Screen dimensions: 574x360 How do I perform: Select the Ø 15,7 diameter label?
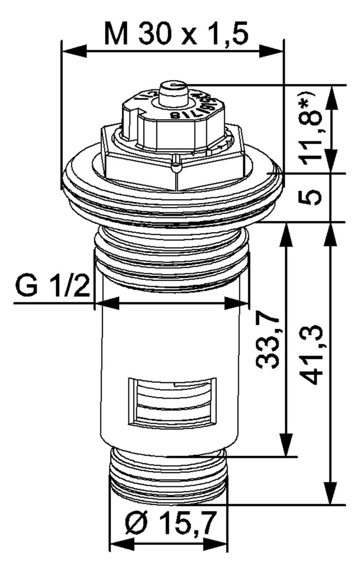(169, 525)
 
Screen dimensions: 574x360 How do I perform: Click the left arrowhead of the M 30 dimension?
(71, 50)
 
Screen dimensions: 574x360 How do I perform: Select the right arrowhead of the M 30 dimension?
(274, 50)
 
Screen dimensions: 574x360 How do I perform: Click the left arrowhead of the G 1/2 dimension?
(105, 303)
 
